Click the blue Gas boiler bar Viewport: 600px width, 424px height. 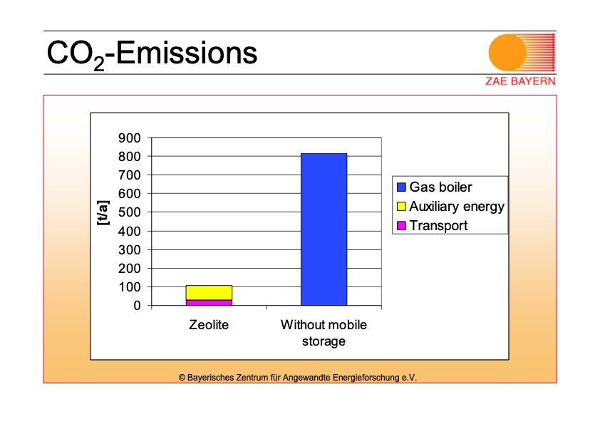point(324,229)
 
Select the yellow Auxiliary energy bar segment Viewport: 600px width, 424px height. point(209,293)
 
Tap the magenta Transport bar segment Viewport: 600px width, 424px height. point(209,303)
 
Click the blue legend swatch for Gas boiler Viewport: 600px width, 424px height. point(401,187)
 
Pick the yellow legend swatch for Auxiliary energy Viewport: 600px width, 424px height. point(401,206)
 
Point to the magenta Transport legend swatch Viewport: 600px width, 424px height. point(401,225)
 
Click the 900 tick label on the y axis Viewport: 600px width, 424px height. point(130,138)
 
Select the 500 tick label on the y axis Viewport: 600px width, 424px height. point(130,212)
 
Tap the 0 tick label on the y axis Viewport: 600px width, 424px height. point(137,306)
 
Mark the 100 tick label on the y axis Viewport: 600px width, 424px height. point(130,287)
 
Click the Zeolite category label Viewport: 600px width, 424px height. point(209,324)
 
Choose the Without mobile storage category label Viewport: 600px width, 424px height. point(324,333)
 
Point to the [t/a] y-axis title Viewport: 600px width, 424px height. point(103,213)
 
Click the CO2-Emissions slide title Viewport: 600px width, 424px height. point(152,54)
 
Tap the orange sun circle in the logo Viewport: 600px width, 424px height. point(507,53)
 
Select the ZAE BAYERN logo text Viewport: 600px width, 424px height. point(520,81)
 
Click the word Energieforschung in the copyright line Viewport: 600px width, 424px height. point(366,378)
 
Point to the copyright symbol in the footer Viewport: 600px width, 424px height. point(182,378)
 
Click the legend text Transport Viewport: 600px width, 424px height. point(438,225)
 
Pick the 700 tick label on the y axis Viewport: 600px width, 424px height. point(130,175)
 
